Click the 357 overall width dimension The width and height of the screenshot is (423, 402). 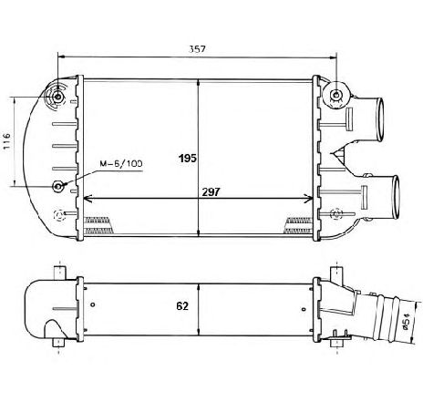tap(197, 49)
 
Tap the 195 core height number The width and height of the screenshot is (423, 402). tap(188, 159)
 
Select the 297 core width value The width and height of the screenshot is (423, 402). tap(211, 192)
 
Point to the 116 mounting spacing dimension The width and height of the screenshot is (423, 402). tap(6, 141)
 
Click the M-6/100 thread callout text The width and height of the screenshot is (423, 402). tap(121, 164)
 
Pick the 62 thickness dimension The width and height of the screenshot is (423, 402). tap(182, 306)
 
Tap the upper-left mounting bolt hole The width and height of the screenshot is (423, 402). tap(57, 98)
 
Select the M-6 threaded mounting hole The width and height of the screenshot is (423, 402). tap(57, 186)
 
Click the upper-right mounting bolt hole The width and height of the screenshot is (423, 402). tap(335, 95)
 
